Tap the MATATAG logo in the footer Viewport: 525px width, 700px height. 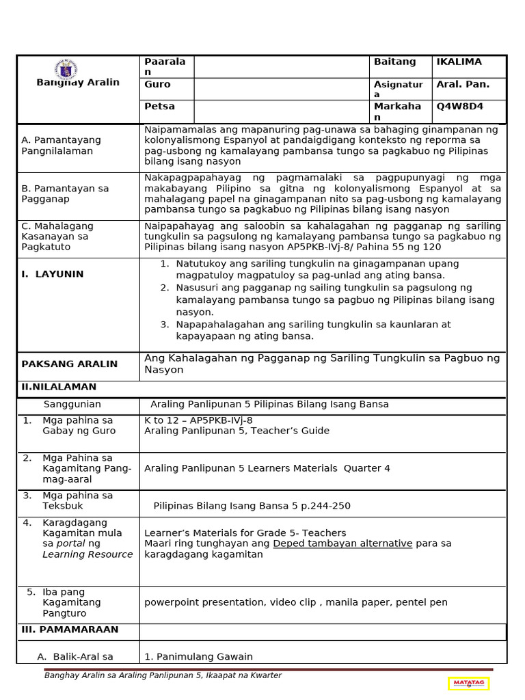469,683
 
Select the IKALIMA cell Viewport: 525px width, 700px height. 459,62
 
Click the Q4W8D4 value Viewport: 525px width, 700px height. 460,107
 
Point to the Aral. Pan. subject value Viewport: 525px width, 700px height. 463,85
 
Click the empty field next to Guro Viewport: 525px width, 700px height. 281,89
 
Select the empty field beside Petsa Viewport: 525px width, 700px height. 281,111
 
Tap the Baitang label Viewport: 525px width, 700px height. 394,62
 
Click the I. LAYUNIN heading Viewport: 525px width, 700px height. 52,274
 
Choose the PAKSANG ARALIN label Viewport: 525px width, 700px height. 69,364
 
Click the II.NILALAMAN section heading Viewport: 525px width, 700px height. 59,387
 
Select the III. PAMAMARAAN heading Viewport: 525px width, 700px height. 70,630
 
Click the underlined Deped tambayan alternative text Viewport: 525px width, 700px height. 342,543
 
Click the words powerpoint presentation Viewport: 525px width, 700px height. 204,602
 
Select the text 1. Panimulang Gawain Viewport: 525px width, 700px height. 198,657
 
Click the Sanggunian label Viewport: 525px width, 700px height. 72,405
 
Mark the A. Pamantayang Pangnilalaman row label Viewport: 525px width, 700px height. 61,145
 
